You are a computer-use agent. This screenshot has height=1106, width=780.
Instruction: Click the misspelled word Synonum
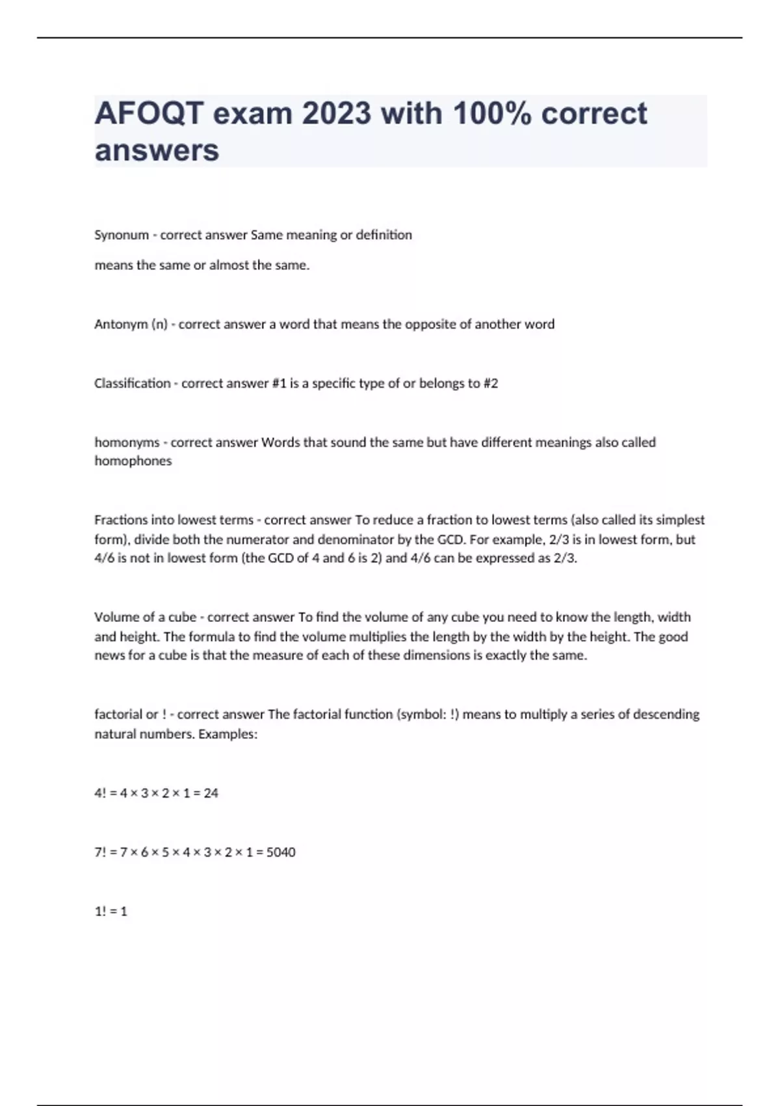[x=122, y=235]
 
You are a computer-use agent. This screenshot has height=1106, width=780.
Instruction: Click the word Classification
[x=132, y=383]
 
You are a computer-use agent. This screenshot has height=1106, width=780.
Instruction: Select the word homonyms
[x=127, y=442]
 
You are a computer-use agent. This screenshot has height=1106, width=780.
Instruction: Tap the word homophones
[x=133, y=461]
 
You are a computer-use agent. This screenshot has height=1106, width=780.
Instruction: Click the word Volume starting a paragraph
[x=112, y=617]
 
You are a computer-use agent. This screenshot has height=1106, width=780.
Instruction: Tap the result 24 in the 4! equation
[x=211, y=793]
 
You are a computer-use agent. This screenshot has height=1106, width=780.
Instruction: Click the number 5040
[x=281, y=852]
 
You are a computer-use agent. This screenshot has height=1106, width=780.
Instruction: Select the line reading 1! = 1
[x=111, y=911]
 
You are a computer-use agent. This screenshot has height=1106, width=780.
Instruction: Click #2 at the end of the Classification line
[x=491, y=383]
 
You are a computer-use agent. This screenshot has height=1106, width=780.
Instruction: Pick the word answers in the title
[x=157, y=150]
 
